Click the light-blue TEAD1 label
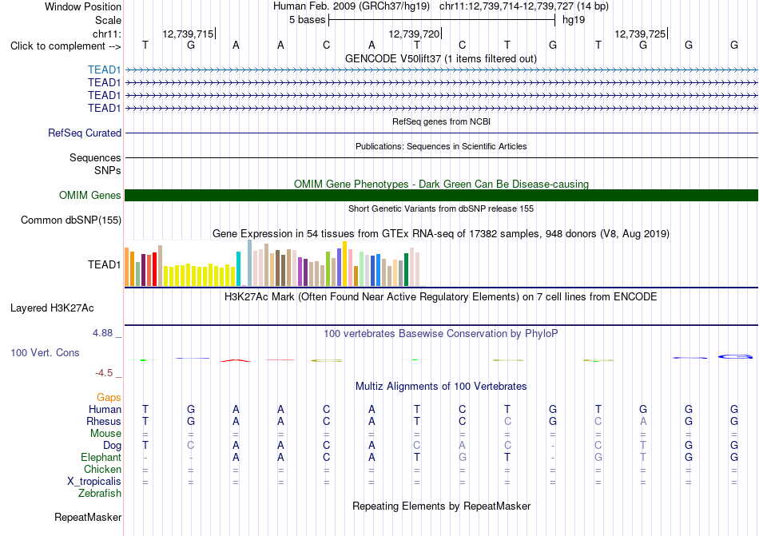pos(104,70)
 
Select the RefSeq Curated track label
pos(85,133)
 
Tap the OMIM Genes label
pos(90,196)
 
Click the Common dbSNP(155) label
pos(71,220)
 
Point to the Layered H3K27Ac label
pos(52,308)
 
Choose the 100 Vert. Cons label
pos(45,352)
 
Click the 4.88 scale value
pos(102,333)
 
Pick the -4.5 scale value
pos(104,372)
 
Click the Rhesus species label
pos(104,421)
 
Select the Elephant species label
pos(101,457)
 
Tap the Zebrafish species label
pos(100,494)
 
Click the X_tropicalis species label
pos(94,482)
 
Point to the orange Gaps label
pos(109,397)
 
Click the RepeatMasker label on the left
pos(88,517)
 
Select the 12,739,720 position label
pos(415,34)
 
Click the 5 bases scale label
pos(308,20)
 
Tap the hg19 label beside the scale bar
pos(574,20)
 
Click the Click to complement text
pos(58,46)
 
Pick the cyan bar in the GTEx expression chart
pos(238,269)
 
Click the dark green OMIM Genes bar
pos(442,196)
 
